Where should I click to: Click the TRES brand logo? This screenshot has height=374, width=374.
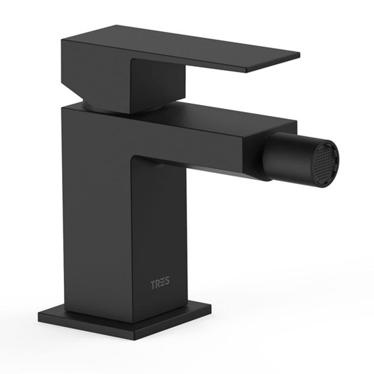[x=160, y=284]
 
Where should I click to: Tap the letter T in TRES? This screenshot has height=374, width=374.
[x=153, y=284]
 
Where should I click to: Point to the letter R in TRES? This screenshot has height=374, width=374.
[x=158, y=284]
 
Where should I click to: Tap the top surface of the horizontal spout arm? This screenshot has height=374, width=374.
[x=218, y=117]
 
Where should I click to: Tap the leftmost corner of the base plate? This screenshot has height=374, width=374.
[x=39, y=313]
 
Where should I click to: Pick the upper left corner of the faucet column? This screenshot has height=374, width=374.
[x=62, y=108]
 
